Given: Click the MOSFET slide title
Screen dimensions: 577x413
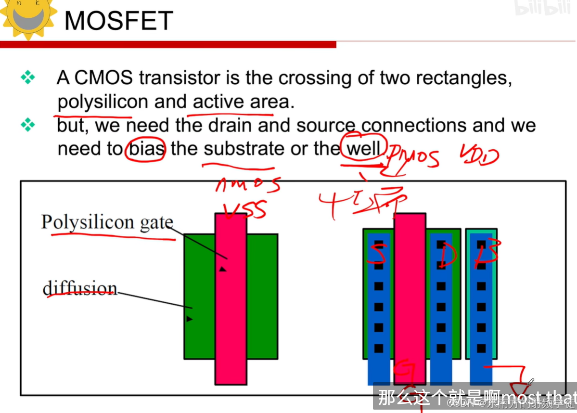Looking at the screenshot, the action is (118, 21).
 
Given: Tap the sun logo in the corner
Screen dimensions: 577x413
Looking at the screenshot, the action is (28, 18).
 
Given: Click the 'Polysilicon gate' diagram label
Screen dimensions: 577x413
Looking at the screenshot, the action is (107, 222).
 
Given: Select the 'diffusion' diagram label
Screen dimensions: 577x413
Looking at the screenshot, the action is (79, 288).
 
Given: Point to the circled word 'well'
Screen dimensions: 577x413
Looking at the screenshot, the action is (364, 148).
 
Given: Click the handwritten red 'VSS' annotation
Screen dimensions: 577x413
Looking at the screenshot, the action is (245, 210).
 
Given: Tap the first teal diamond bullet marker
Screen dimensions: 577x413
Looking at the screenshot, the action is (28, 77).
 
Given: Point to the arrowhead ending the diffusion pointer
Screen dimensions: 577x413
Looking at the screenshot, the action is (189, 319).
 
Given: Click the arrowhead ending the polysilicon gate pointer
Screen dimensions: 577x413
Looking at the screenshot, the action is (222, 269).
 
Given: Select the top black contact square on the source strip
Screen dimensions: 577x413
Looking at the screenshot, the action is (379, 245).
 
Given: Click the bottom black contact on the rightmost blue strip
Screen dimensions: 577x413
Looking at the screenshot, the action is (481, 348).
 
